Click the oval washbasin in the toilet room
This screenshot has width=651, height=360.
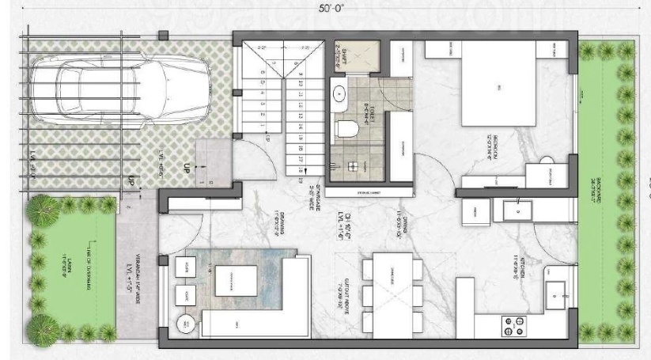(341, 93)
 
